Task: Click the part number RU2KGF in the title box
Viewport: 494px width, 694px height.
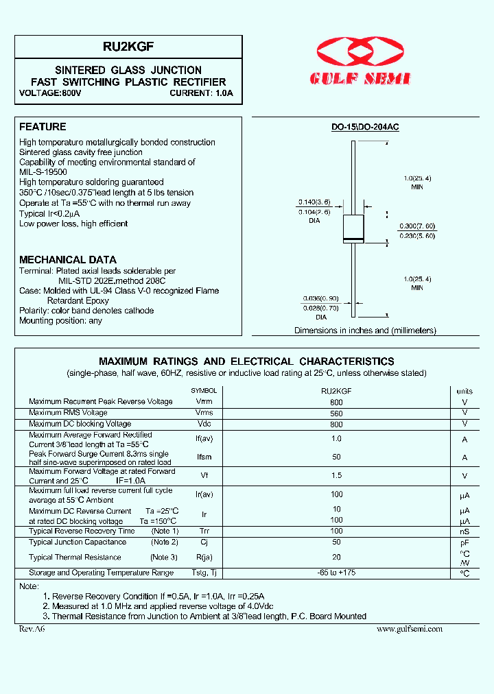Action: [x=128, y=47]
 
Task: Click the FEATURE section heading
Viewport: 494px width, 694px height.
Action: [x=43, y=127]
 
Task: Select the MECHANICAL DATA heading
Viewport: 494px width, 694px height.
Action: [x=68, y=260]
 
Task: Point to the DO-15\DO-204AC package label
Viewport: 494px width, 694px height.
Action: [x=365, y=128]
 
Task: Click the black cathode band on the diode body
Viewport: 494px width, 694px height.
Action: [x=353, y=239]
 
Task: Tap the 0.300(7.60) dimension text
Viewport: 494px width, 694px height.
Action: [x=416, y=226]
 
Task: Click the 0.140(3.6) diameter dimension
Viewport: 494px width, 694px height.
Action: [x=314, y=202]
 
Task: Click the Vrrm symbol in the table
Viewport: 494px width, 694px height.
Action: [x=204, y=401]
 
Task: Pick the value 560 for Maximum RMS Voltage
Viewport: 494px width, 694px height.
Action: [x=336, y=413]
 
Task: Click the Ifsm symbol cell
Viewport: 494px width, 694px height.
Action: [x=204, y=457]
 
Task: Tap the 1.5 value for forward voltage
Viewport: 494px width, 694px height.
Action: [x=336, y=476]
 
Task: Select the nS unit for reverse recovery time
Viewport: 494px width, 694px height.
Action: [x=464, y=531]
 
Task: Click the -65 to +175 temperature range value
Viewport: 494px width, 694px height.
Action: [x=336, y=573]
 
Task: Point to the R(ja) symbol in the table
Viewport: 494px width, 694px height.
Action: [x=205, y=558]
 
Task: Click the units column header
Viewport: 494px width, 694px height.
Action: [x=464, y=390]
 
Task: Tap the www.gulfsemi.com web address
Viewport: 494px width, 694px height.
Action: [x=410, y=628]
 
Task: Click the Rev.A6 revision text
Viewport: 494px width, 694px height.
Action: [x=31, y=628]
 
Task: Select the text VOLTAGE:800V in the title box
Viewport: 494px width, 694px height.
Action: [x=50, y=93]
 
